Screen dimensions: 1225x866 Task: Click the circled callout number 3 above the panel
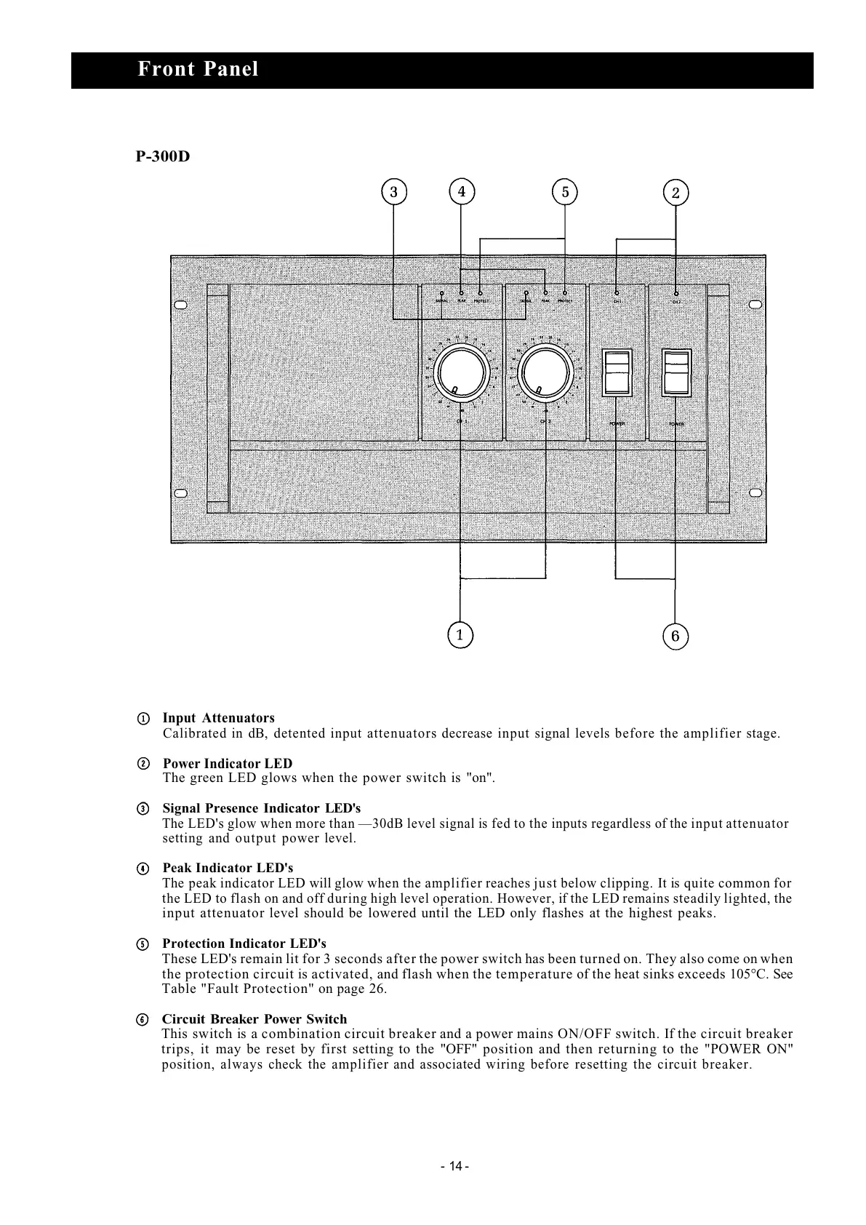tap(393, 192)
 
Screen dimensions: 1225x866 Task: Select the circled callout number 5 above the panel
tap(565, 192)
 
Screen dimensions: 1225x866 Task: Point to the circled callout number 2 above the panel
tap(675, 193)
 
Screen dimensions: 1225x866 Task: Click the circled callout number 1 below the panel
tap(460, 634)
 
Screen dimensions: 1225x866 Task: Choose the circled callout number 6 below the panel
tap(675, 637)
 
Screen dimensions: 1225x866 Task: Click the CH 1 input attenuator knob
tap(459, 372)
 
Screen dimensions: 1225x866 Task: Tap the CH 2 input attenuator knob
tap(545, 372)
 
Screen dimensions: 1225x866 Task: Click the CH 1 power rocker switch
tap(617, 372)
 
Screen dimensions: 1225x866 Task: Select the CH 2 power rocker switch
tap(675, 372)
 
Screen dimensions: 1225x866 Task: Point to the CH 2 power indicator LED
tap(676, 293)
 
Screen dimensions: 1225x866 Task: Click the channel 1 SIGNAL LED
tap(442, 293)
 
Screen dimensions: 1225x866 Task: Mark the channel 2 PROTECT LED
tap(565, 292)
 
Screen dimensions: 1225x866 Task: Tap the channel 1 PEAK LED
tap(461, 292)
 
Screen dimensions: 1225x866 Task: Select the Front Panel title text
tap(198, 70)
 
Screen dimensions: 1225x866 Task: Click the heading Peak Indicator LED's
tap(228, 868)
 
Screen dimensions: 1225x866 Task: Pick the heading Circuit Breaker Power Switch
tap(254, 1019)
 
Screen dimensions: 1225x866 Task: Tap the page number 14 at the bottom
tap(454, 1166)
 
